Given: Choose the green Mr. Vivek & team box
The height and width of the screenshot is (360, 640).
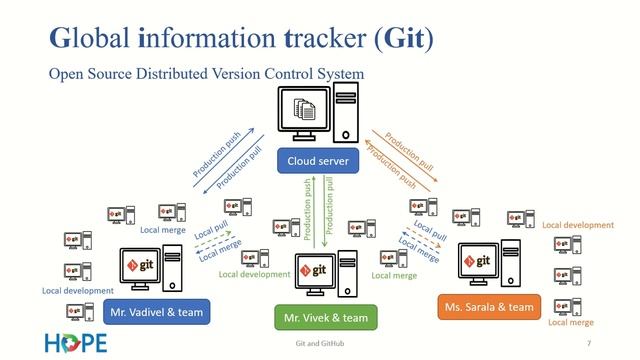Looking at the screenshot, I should pos(325,318).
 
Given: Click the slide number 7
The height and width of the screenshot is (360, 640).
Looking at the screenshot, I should pos(586,344).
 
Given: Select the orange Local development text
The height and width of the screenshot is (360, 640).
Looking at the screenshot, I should pos(577,225).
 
